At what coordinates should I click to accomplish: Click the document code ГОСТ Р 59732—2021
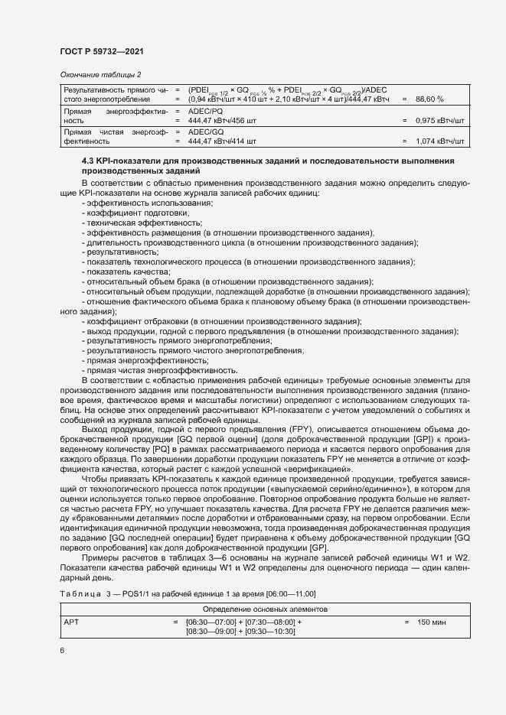[101, 51]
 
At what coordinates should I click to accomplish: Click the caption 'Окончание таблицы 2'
[100, 74]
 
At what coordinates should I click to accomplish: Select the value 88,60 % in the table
[429, 99]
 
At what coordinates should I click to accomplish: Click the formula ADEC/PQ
[207, 111]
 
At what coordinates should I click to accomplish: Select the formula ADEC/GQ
[207, 132]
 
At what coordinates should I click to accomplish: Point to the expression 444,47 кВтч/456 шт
[222, 121]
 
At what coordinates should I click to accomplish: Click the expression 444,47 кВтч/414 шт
[222, 141]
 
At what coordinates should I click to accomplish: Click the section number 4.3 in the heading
[89, 161]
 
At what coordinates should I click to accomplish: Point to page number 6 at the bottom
[63, 650]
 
